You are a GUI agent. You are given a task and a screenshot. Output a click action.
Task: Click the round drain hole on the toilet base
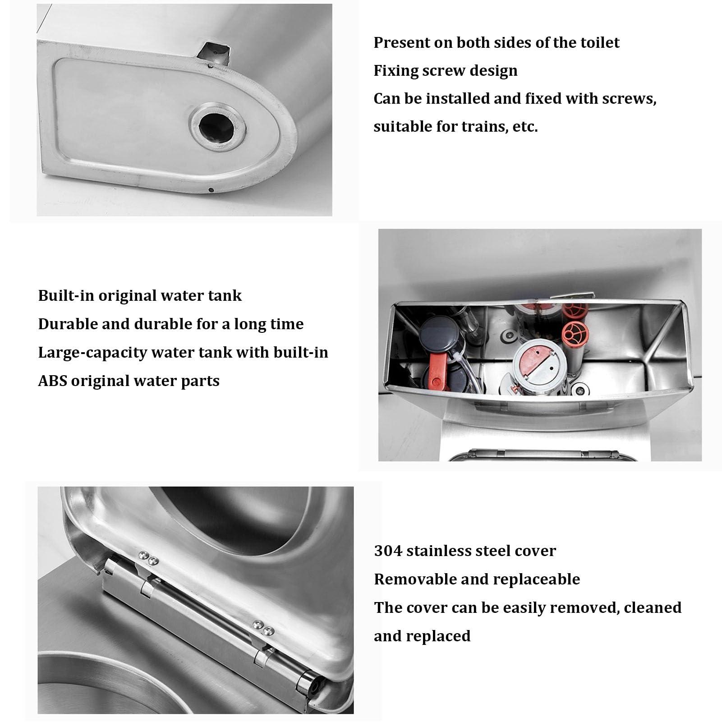(217, 128)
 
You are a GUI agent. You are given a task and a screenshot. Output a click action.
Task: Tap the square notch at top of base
(213, 54)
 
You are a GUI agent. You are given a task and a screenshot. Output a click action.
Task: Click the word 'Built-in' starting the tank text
(66, 296)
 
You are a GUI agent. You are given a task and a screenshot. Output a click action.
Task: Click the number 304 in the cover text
(387, 551)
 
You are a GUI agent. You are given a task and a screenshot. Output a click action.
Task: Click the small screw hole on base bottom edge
(211, 189)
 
